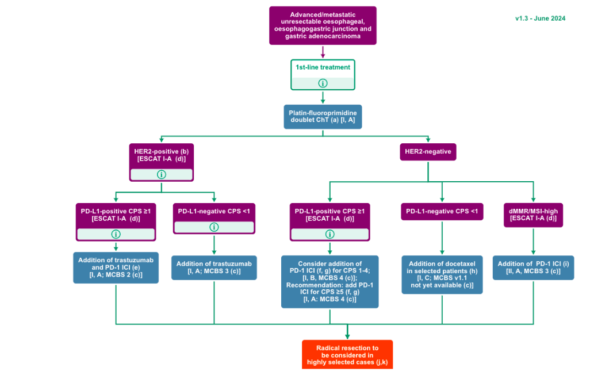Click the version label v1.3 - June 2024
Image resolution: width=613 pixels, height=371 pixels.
[540, 18]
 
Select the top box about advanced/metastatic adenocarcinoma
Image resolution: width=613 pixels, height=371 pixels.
[323, 26]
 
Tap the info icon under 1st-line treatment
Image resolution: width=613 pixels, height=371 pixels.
[323, 83]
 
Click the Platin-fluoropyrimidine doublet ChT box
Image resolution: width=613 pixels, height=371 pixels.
[323, 117]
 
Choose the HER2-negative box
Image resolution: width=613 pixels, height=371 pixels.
[428, 152]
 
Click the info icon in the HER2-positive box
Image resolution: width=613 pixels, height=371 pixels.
[162, 174]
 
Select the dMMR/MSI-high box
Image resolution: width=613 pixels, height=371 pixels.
[533, 215]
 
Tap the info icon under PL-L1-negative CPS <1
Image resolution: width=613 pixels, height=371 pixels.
[214, 227]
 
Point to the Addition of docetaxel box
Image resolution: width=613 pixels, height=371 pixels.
[442, 274]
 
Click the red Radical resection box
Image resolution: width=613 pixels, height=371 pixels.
[347, 354]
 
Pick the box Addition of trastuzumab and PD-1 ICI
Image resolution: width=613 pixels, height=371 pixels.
[116, 268]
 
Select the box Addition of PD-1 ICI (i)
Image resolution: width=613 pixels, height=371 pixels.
[533, 267]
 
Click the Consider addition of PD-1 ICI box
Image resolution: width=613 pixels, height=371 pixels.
[330, 281]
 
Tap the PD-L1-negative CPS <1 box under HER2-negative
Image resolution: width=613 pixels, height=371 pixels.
[442, 211]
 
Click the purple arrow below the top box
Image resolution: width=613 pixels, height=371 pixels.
[323, 52]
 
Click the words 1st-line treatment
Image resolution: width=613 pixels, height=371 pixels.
[323, 67]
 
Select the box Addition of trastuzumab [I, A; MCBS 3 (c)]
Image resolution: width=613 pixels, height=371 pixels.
[214, 268]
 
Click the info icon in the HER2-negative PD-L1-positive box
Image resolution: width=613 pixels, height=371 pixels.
[330, 234]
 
